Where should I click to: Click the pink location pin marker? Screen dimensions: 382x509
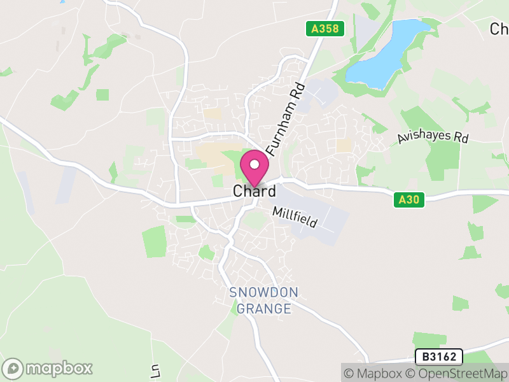254,168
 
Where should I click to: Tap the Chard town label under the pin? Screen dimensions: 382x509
254,191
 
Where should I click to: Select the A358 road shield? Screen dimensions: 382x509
324,29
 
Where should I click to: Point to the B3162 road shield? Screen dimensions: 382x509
438,357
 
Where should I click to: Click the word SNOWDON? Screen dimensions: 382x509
263,293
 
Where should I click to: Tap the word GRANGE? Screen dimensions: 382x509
263,309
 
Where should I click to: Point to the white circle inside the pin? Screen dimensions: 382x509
254,164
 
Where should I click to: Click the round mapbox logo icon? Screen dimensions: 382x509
13,368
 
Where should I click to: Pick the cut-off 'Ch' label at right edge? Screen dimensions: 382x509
499,29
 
